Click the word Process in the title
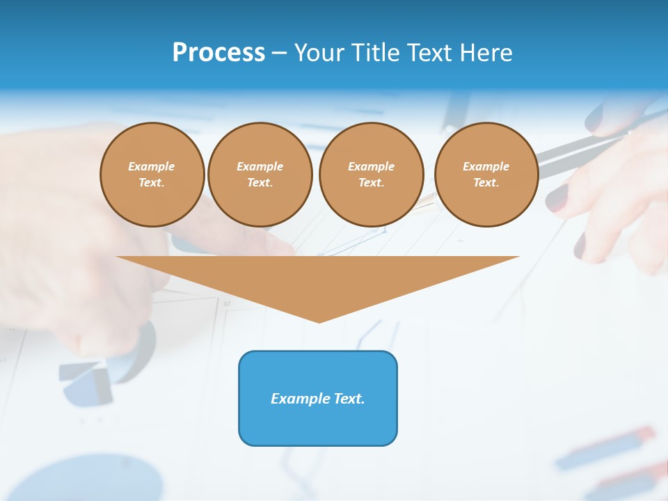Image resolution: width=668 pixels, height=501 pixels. point(218,52)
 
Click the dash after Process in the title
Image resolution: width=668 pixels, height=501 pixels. point(279,54)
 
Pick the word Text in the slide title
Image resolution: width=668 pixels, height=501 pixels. point(431,52)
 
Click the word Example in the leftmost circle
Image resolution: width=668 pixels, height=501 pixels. point(152,166)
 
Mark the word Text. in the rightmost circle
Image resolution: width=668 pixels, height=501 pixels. point(486,182)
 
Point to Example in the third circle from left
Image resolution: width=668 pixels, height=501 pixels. point(372,166)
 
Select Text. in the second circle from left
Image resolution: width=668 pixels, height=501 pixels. point(260,182)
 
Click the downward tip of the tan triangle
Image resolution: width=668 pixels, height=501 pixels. point(319,321)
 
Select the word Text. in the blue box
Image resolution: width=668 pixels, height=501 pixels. point(348,399)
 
